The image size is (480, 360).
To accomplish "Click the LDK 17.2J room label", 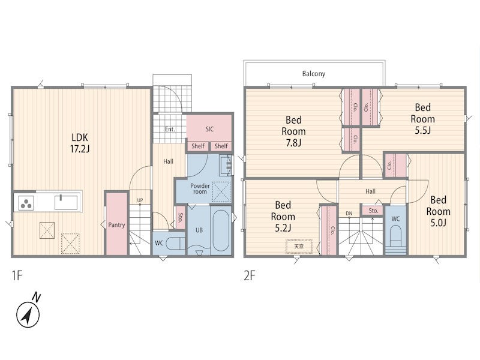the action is [x=80, y=143].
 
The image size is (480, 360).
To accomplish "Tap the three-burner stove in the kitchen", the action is [x=26, y=203].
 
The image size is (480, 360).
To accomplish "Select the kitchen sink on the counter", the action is [x=66, y=202].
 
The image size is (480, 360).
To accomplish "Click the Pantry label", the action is [x=116, y=224].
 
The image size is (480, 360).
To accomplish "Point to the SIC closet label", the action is [x=209, y=129].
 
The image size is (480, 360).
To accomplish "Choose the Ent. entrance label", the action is [x=170, y=129].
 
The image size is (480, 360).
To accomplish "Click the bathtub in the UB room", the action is [x=221, y=230].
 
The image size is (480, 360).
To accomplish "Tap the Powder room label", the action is [x=200, y=188].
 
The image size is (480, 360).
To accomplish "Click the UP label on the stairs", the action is [x=140, y=200].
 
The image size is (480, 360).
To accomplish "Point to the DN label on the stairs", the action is [x=349, y=214].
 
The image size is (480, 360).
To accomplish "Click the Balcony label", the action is [x=313, y=74].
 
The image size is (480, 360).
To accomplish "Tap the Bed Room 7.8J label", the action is [x=293, y=131].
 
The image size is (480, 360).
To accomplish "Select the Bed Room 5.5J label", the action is [x=423, y=119].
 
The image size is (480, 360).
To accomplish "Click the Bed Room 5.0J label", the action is [x=439, y=211].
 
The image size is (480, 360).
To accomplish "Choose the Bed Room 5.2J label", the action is [x=283, y=217].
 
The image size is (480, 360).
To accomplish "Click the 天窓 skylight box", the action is [x=299, y=247].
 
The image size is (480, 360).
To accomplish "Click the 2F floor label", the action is [x=250, y=276].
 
